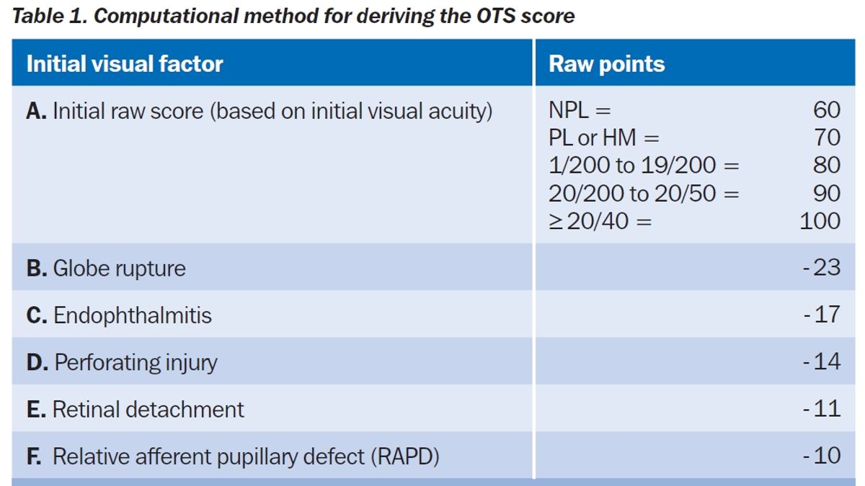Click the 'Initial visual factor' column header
(x=125, y=64)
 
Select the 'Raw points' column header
(x=607, y=64)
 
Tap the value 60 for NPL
(x=827, y=110)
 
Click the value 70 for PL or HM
(x=827, y=138)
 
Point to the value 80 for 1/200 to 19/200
(x=827, y=165)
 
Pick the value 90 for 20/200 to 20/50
(x=827, y=193)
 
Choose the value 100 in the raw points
(x=820, y=220)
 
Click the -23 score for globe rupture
(x=822, y=268)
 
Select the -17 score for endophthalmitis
(x=822, y=315)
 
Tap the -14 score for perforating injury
(x=822, y=361)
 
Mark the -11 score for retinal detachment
(x=822, y=409)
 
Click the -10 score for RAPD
(x=822, y=456)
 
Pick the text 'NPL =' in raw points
(x=580, y=110)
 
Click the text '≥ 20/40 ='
(x=600, y=221)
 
